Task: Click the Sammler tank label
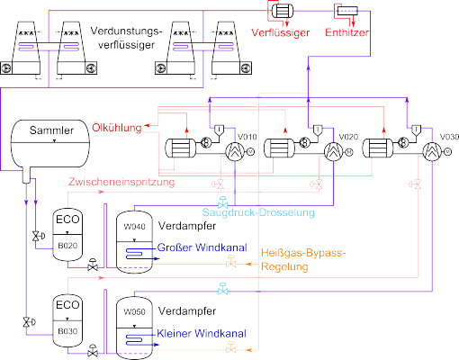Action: click(51, 130)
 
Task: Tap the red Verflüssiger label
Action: click(281, 32)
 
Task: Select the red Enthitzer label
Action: click(346, 32)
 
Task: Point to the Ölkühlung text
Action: click(117, 128)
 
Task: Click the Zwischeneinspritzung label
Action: click(121, 182)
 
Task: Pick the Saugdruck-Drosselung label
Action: click(258, 212)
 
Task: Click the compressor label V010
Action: click(247, 137)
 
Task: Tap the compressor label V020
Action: click(348, 137)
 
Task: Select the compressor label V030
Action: click(449, 137)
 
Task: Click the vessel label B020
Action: click(67, 246)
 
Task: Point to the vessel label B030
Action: click(67, 331)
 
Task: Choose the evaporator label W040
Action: click(134, 227)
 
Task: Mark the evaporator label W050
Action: click(134, 312)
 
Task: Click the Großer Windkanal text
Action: click(202, 247)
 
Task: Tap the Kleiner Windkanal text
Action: click(202, 334)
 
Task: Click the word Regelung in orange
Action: click(284, 266)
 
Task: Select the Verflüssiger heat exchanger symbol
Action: click(283, 12)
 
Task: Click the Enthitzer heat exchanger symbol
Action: click(347, 11)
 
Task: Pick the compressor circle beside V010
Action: click(235, 152)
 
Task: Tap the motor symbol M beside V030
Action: click(447, 152)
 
